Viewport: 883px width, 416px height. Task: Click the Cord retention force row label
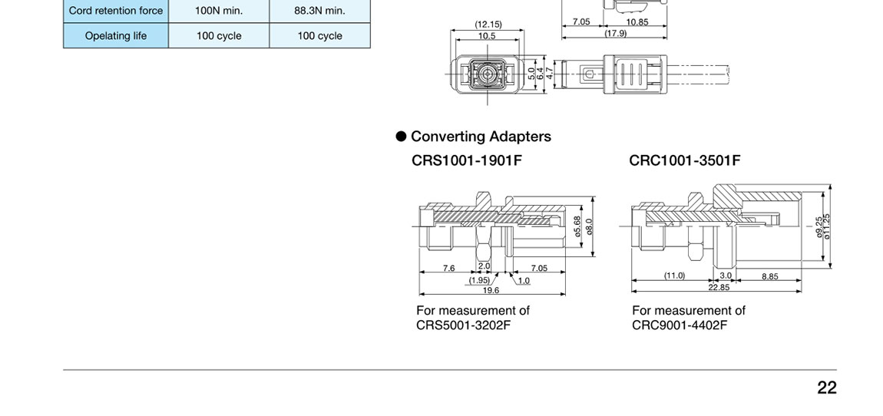[116, 11]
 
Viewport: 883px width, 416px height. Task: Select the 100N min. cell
[219, 11]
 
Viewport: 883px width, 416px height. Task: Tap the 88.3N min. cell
[319, 11]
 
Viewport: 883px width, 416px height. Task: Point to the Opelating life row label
[116, 35]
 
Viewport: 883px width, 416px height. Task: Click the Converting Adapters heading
[481, 137]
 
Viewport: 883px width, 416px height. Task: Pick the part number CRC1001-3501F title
[685, 160]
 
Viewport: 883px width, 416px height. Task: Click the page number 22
[826, 388]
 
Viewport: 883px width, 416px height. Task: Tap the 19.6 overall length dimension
[491, 290]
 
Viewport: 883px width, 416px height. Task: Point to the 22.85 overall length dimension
[719, 287]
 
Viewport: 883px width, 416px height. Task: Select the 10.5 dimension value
[487, 35]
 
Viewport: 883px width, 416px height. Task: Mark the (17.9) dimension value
[615, 33]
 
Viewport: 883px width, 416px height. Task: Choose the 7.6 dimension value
[448, 269]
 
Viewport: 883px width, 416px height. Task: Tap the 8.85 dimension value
[770, 276]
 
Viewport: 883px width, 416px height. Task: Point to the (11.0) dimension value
[674, 276]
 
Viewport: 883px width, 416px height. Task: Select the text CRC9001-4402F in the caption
[680, 325]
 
